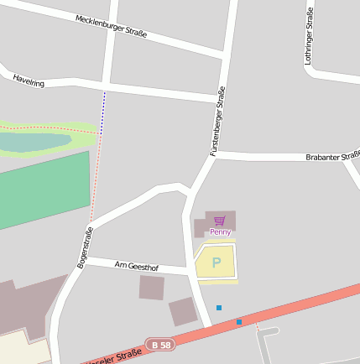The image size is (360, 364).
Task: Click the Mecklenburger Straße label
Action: pyautogui.click(x=111, y=27)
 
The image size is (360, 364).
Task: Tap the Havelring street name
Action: pyautogui.click(x=28, y=80)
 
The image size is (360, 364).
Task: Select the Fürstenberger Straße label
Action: pyautogui.click(x=218, y=122)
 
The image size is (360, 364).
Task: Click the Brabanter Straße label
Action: pyautogui.click(x=333, y=157)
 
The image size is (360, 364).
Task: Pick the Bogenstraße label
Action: pyautogui.click(x=84, y=247)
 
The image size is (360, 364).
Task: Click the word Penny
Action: pyautogui.click(x=220, y=231)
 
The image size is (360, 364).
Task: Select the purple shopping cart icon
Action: pyautogui.click(x=220, y=221)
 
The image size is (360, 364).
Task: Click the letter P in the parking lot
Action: pyautogui.click(x=217, y=263)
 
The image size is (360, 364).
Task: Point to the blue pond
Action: pyautogui.click(x=34, y=143)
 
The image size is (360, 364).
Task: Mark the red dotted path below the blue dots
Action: pyautogui.click(x=96, y=172)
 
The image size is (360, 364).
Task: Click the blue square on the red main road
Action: pyautogui.click(x=239, y=321)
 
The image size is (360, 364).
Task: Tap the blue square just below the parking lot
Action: pyautogui.click(x=219, y=308)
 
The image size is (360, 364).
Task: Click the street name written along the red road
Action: pyautogui.click(x=113, y=358)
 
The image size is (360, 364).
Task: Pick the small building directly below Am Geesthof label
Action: pyautogui.click(x=152, y=287)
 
